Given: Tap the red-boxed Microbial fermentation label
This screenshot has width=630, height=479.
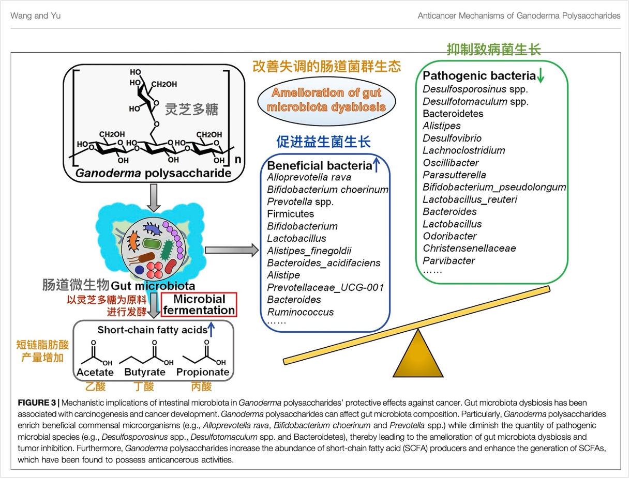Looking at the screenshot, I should (199, 305).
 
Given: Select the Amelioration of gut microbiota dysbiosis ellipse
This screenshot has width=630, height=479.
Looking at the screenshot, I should (326, 100).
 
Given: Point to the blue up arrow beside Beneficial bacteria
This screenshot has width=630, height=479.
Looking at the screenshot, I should (377, 165).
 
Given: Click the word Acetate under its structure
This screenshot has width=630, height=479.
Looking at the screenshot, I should (95, 372).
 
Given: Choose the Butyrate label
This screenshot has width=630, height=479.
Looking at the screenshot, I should (145, 372).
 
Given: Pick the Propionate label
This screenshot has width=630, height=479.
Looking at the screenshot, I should (203, 372).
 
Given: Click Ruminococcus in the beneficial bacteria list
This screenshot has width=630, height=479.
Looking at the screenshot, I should (301, 312).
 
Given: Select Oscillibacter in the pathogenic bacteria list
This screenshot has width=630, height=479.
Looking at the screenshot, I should (451, 163).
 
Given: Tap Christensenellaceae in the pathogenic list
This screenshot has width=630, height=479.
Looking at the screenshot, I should (469, 248).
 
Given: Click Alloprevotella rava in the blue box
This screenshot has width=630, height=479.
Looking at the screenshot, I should (309, 177).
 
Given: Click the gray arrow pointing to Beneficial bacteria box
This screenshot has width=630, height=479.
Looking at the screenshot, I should (232, 251).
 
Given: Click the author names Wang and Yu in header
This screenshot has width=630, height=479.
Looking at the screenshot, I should (36, 16).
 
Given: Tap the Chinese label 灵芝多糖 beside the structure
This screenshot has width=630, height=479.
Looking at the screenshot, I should (191, 109).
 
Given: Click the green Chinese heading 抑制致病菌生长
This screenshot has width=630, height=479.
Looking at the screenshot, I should (493, 50).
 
